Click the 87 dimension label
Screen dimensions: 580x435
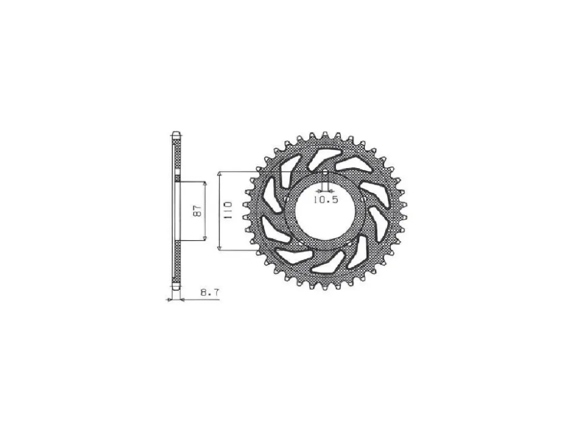click(x=198, y=211)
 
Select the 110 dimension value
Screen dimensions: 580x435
click(x=228, y=211)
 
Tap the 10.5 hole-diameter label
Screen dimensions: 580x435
click(x=325, y=200)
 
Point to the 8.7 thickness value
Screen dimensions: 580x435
click(x=210, y=292)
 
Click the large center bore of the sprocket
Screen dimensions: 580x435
click(x=325, y=211)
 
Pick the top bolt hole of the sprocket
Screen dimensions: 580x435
click(x=325, y=172)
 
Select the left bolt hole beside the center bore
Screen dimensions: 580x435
click(x=287, y=199)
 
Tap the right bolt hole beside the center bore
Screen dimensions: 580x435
click(x=363, y=199)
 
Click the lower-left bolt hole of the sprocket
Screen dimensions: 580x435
click(x=302, y=243)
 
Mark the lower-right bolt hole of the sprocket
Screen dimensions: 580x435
click(x=349, y=243)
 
